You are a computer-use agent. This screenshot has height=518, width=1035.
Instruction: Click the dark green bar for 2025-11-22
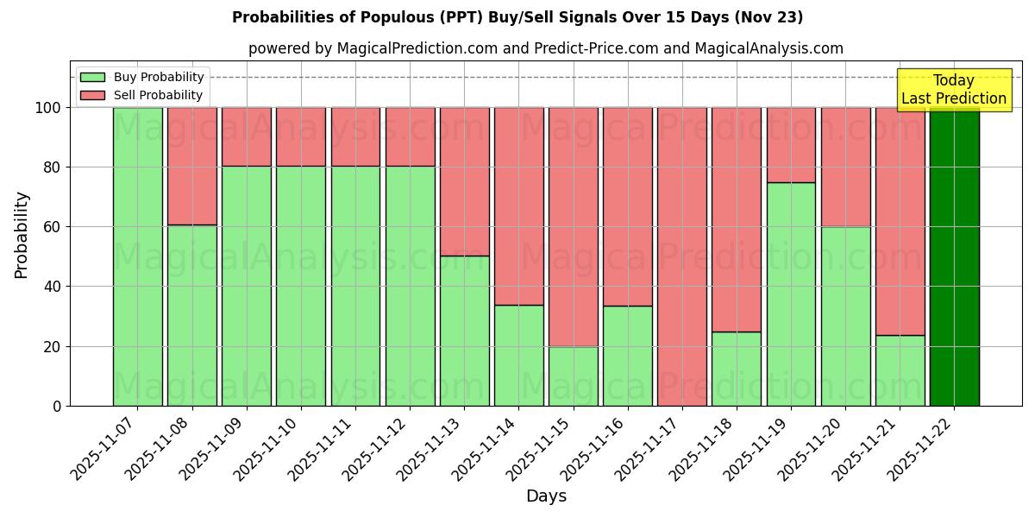(x=954, y=256)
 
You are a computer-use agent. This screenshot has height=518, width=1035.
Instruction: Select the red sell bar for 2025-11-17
(x=681, y=256)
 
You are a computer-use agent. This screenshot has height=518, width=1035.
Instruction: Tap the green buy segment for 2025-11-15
(x=573, y=376)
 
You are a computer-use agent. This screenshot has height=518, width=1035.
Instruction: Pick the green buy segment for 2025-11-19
(x=791, y=294)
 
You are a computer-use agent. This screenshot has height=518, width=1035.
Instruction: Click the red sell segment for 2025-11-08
(x=191, y=166)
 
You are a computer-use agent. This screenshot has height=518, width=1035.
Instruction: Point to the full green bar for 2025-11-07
(x=137, y=256)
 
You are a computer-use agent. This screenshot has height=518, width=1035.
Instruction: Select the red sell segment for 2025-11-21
(x=900, y=221)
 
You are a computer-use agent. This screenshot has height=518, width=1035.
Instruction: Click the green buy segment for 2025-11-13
(x=464, y=331)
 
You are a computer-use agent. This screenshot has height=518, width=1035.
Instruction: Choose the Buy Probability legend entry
(x=142, y=77)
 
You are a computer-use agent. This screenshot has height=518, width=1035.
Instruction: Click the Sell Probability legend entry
(x=142, y=95)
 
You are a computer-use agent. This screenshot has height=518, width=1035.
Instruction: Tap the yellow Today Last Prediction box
(x=953, y=90)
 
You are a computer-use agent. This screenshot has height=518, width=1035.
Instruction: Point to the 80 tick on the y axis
(x=53, y=167)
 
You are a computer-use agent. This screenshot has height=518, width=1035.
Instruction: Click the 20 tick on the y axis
(x=53, y=346)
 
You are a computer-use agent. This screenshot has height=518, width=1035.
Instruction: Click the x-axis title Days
(x=546, y=496)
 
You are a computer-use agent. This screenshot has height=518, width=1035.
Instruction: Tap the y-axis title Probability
(x=22, y=234)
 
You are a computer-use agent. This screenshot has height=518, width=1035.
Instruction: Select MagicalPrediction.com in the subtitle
(x=417, y=48)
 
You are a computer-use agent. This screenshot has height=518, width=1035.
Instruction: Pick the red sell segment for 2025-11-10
(x=300, y=136)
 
